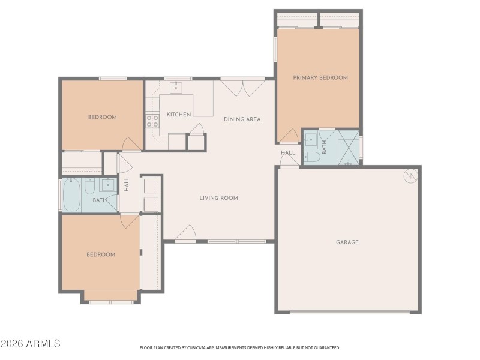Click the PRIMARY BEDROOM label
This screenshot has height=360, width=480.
click(x=320, y=77)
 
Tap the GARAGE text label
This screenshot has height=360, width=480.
click(x=347, y=242)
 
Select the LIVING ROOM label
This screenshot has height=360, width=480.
click(x=219, y=198)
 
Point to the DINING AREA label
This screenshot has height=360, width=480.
click(x=242, y=119)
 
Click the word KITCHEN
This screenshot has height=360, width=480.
click(x=179, y=115)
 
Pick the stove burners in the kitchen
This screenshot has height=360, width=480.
click(x=152, y=121)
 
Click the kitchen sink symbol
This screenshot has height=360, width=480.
click(x=176, y=88)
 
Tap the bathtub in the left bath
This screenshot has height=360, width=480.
click(x=71, y=194)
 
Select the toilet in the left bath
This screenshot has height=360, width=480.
click(x=89, y=188)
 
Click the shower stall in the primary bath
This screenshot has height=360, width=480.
click(x=348, y=147)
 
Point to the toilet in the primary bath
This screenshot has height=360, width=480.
click(x=311, y=158)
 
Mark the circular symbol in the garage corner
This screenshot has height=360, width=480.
click(x=410, y=175)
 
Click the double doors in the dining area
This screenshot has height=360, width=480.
click(x=242, y=88)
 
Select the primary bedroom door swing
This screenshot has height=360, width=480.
click(x=289, y=136)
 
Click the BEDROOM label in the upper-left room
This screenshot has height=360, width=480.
click(x=102, y=117)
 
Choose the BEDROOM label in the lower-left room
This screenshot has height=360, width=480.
click(x=100, y=254)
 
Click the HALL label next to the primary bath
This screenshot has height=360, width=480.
click(x=288, y=153)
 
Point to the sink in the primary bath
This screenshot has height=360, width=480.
click(x=311, y=141)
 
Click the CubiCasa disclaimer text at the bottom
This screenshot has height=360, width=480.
click(x=240, y=347)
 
